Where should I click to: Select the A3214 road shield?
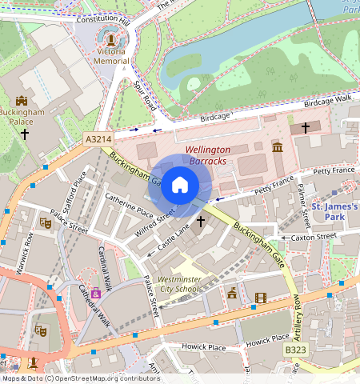[98, 139]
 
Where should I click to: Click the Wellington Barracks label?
[207, 155]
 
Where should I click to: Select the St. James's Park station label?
[334, 211]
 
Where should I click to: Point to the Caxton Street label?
[314, 237]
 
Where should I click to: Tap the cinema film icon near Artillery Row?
[259, 298]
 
